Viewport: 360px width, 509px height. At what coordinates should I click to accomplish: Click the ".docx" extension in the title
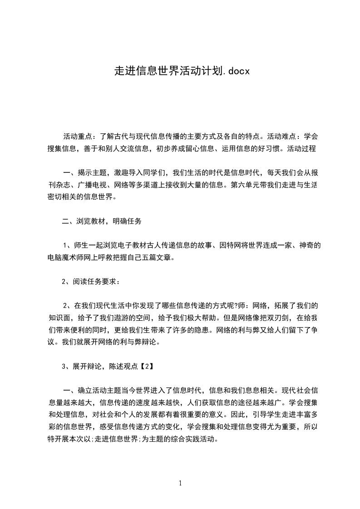click(x=237, y=71)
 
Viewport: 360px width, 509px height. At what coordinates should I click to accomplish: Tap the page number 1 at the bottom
click(x=180, y=484)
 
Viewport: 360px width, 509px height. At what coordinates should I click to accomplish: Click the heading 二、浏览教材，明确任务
click(x=102, y=221)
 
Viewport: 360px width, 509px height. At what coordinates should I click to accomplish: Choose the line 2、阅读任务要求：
click(x=91, y=282)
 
